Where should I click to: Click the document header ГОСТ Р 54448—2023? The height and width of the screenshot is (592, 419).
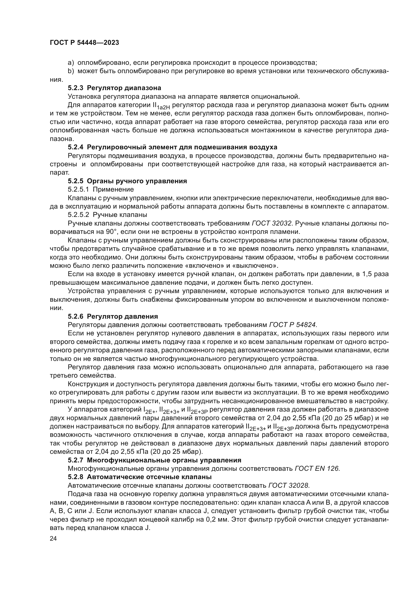pos(84,43)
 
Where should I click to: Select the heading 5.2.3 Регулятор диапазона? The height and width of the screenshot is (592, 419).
pos(114,88)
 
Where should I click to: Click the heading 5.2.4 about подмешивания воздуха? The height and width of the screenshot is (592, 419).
pos(172,147)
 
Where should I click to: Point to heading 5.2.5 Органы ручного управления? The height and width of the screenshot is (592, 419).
pos(127,181)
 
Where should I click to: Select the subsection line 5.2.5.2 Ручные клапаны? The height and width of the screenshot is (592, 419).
pos(107,215)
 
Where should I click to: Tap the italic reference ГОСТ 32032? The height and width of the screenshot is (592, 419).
pos(272,223)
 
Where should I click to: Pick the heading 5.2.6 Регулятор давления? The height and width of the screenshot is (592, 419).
pos(113,316)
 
